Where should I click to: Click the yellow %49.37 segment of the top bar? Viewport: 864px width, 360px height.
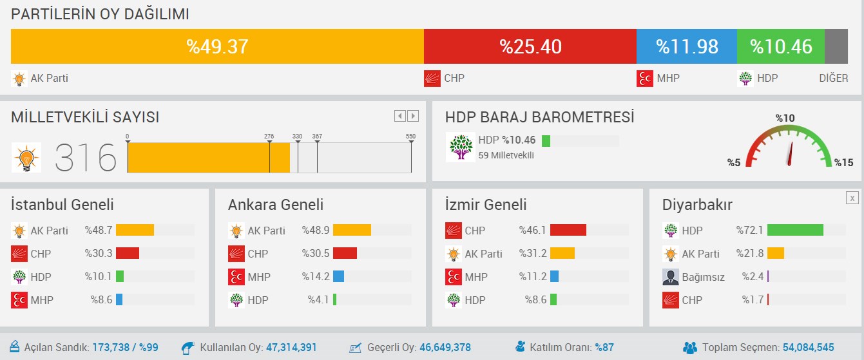point(217,46)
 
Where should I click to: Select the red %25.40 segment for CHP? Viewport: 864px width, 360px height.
point(530,46)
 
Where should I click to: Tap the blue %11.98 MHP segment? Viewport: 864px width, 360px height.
point(686,46)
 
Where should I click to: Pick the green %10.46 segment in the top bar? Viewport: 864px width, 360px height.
point(780,46)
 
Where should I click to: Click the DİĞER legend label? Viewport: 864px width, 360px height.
point(833,79)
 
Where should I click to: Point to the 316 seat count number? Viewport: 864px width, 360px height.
point(86,158)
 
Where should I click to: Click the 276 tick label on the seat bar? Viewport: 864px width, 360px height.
point(269,136)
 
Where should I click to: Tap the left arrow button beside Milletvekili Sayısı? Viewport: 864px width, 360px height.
point(400,116)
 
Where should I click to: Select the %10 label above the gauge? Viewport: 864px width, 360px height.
point(785,118)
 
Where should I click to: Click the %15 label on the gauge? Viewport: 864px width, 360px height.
point(843,162)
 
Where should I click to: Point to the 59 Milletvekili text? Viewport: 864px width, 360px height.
point(506,155)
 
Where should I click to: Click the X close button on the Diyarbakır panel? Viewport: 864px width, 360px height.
point(852,198)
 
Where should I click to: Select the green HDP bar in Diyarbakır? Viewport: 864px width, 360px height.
point(795,231)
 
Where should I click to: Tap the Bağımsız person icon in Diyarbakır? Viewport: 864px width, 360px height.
point(671,277)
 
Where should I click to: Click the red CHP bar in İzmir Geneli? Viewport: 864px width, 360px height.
point(568,231)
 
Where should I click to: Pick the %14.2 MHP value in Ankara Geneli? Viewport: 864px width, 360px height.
point(316,277)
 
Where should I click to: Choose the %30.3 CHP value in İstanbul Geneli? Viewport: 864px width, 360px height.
point(99,254)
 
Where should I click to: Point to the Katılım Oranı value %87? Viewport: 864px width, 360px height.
point(604,348)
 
